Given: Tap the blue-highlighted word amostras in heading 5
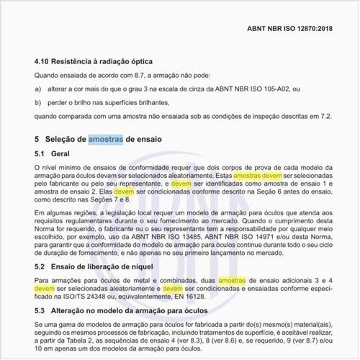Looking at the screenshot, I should click(x=106, y=138).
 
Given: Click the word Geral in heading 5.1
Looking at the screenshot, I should click(x=60, y=154).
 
